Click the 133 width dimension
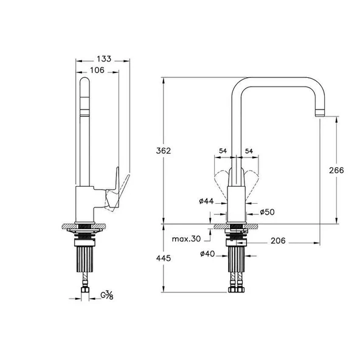click(103, 59)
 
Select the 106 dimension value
click(97, 71)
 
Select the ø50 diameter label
click(268, 212)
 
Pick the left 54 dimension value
click(223, 150)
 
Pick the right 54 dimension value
click(248, 150)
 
